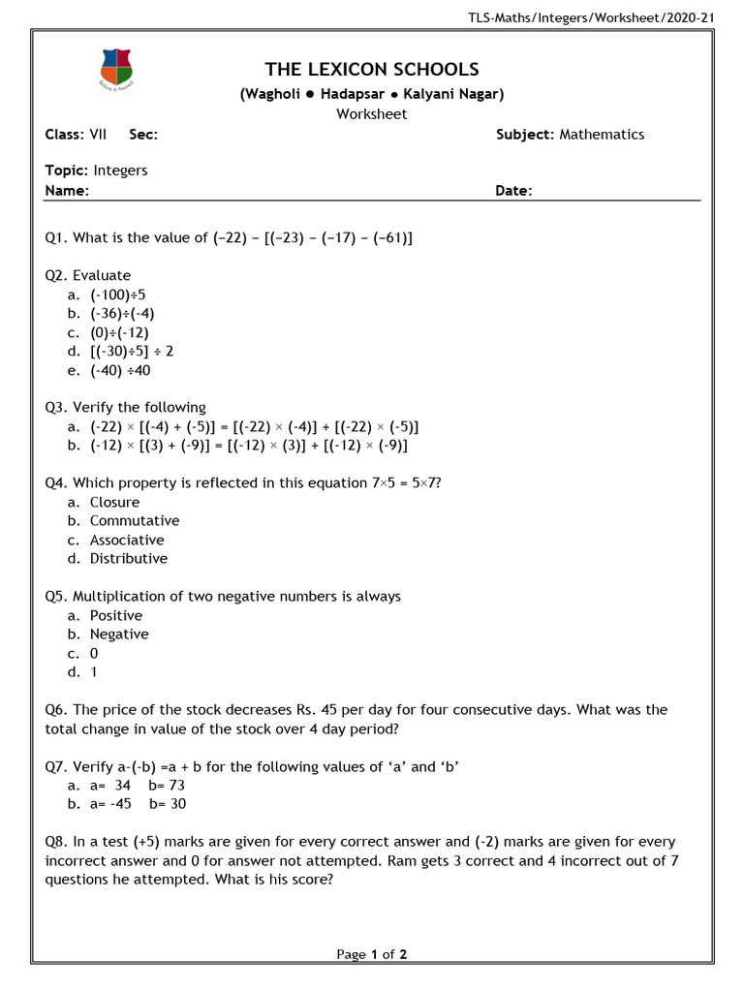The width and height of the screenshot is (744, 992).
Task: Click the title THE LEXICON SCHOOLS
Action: (372, 69)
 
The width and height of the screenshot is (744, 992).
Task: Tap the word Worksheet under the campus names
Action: (372, 113)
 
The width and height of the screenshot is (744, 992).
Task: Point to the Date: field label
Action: (513, 191)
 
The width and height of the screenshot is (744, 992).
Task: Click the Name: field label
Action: (67, 191)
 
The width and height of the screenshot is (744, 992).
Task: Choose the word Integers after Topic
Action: (120, 170)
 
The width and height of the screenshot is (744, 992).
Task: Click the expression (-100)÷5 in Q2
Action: (118, 294)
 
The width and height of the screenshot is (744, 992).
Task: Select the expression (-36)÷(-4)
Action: (122, 313)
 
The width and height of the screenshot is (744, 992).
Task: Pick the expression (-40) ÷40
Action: (120, 370)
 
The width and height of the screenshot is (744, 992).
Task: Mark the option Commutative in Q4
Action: (135, 521)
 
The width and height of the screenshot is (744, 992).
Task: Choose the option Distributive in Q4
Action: (129, 559)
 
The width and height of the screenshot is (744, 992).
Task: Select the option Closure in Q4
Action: (114, 502)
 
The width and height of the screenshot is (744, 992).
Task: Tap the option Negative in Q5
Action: (119, 635)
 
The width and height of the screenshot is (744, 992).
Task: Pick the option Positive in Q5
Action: (116, 615)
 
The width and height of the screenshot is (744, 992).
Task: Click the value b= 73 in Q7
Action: (167, 786)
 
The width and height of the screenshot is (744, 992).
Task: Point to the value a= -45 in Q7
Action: (110, 804)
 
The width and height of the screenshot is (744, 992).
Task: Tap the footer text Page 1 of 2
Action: (372, 954)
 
